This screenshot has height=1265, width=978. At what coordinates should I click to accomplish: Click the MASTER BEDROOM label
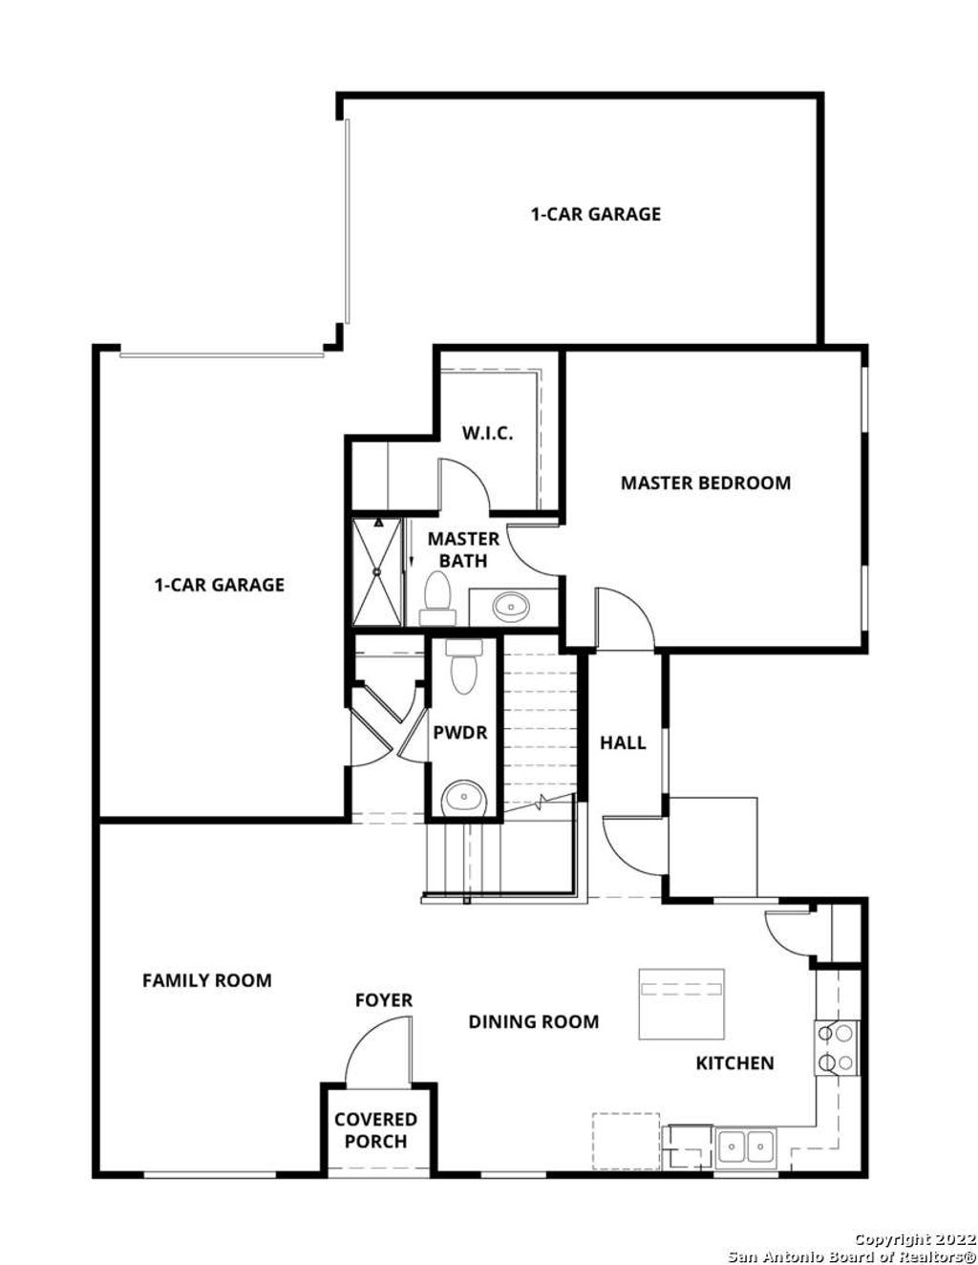click(x=705, y=482)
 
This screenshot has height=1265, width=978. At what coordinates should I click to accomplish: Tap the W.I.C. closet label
click(x=487, y=433)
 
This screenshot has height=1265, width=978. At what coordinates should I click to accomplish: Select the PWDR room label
click(x=460, y=733)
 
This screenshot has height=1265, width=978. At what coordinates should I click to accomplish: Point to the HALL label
click(x=623, y=742)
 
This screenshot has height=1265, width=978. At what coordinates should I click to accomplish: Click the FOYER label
click(x=384, y=1000)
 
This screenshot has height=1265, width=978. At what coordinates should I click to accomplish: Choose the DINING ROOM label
click(x=533, y=1021)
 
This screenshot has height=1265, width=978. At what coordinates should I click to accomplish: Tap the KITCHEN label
click(x=734, y=1062)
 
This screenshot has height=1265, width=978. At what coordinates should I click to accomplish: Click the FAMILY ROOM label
click(x=206, y=980)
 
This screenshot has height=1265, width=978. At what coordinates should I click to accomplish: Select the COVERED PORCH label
click(x=375, y=1130)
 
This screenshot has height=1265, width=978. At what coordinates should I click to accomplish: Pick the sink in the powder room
click(x=464, y=795)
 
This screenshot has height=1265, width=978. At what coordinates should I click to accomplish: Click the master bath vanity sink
click(x=512, y=606)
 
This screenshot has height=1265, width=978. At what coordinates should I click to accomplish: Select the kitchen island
click(x=681, y=1004)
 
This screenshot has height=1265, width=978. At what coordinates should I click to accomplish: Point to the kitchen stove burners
click(x=837, y=1047)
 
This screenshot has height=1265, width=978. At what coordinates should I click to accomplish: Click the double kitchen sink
click(x=747, y=1144)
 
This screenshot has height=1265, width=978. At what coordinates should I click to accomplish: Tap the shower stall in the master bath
click(x=378, y=571)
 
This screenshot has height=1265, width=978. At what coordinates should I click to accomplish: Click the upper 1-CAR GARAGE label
click(x=596, y=214)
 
